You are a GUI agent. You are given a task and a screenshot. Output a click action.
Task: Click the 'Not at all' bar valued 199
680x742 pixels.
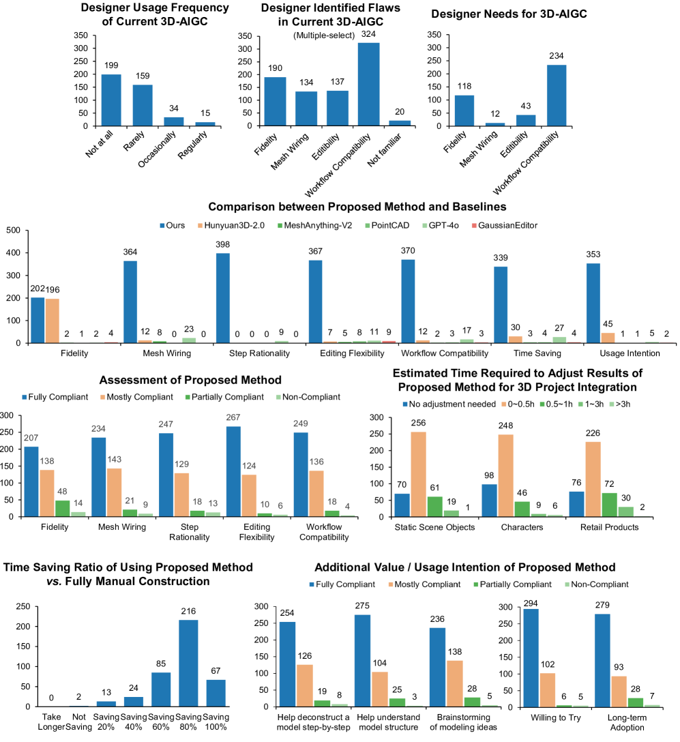(x=111, y=100)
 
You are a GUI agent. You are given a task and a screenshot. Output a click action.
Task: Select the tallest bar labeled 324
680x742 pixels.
(x=369, y=85)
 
